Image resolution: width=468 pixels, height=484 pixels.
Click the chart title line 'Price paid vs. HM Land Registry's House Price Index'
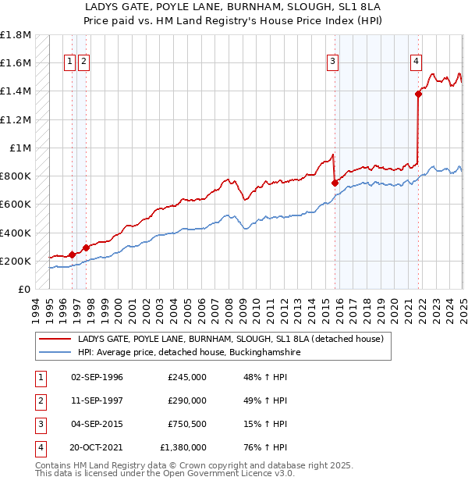234,19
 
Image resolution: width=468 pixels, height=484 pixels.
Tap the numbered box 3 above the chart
332,62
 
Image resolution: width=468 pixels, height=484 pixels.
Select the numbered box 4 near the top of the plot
417,62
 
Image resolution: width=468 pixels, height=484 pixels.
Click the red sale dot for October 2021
418,94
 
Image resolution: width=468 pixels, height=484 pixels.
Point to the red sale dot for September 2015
335,183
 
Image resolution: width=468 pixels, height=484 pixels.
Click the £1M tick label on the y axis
21,148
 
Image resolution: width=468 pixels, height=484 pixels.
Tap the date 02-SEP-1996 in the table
97,377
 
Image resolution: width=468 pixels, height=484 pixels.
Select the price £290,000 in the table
186,400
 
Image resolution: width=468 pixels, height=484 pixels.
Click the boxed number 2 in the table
40,400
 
